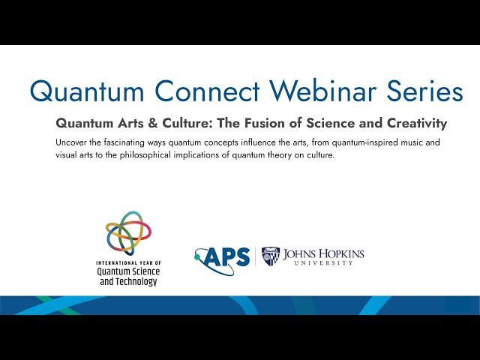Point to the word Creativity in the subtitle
coord(410,122)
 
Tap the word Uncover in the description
coord(73,142)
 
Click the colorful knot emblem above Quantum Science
coord(127,233)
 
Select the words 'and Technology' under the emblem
coord(127,281)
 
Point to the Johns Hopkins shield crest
coord(271,256)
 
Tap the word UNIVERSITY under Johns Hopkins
coord(323,264)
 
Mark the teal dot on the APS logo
coord(198,256)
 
